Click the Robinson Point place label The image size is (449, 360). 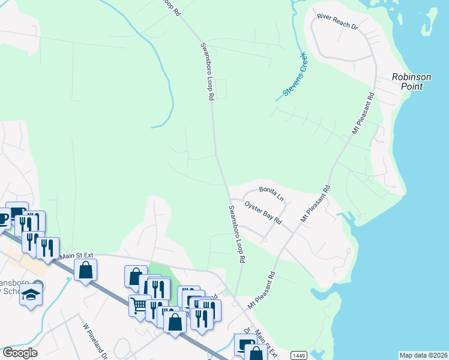412,82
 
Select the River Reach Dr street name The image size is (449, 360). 337,22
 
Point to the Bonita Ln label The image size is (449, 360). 271,192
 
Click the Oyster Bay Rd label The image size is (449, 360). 263,212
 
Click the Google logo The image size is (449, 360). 20,353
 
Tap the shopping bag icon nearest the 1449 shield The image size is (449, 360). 256,353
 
